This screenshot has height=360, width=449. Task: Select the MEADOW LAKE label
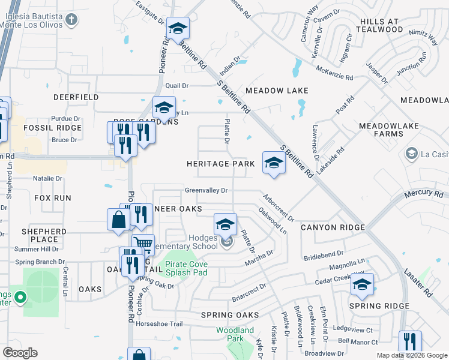[x=277, y=91]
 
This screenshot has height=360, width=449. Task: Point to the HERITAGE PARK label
[x=217, y=164]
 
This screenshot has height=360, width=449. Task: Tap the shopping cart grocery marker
[x=143, y=244]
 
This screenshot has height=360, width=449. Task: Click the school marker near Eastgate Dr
[x=178, y=28]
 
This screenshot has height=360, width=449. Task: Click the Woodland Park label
[x=235, y=334]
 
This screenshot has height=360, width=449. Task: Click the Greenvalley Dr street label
[x=206, y=191]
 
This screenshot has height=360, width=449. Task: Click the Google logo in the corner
[x=20, y=352]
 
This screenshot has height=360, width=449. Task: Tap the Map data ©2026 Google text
[x=411, y=355]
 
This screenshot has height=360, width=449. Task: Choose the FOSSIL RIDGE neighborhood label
[x=52, y=128]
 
